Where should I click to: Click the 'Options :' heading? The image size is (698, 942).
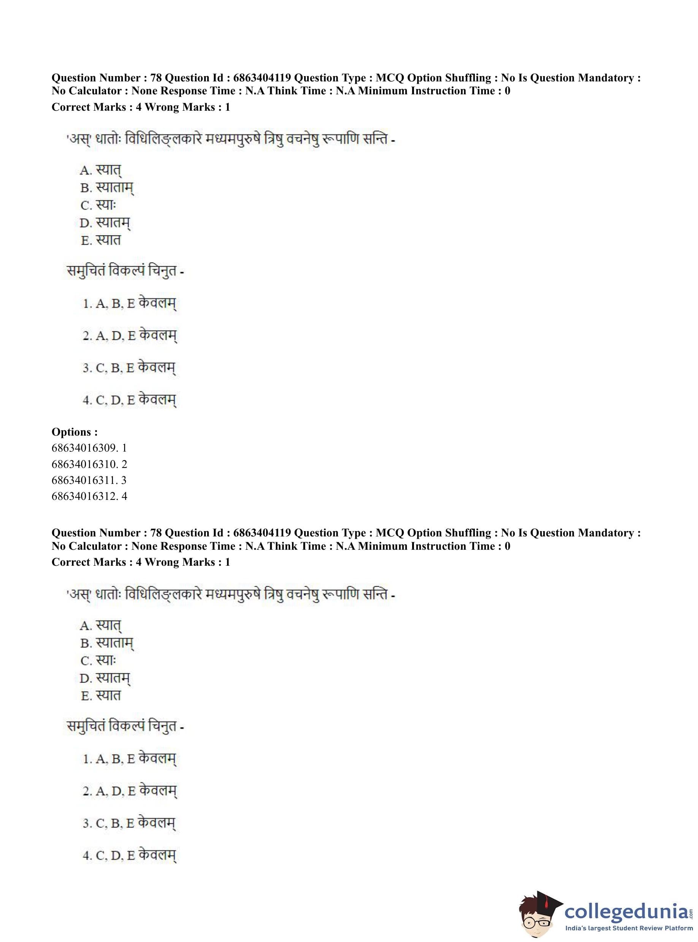tap(75, 432)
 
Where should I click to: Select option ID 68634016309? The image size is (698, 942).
tap(89, 448)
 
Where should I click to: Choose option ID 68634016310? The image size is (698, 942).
tap(89, 464)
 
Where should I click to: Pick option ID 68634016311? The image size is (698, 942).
tap(89, 480)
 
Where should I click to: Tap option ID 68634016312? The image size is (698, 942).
tap(89, 496)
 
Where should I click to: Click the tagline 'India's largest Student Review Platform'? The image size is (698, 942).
tap(629, 928)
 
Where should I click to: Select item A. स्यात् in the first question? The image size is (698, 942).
tap(101, 170)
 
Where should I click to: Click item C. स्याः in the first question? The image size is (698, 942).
tap(98, 205)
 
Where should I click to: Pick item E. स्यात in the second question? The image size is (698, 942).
tap(101, 695)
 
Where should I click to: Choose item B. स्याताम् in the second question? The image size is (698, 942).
tap(107, 643)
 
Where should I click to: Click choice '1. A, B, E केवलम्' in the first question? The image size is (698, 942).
tap(129, 304)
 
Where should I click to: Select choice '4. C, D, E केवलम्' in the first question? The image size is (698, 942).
tap(129, 399)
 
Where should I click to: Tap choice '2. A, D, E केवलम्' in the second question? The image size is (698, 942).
tap(129, 791)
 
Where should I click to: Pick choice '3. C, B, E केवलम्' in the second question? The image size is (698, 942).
tap(129, 823)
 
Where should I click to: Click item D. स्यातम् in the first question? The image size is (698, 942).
tap(105, 223)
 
